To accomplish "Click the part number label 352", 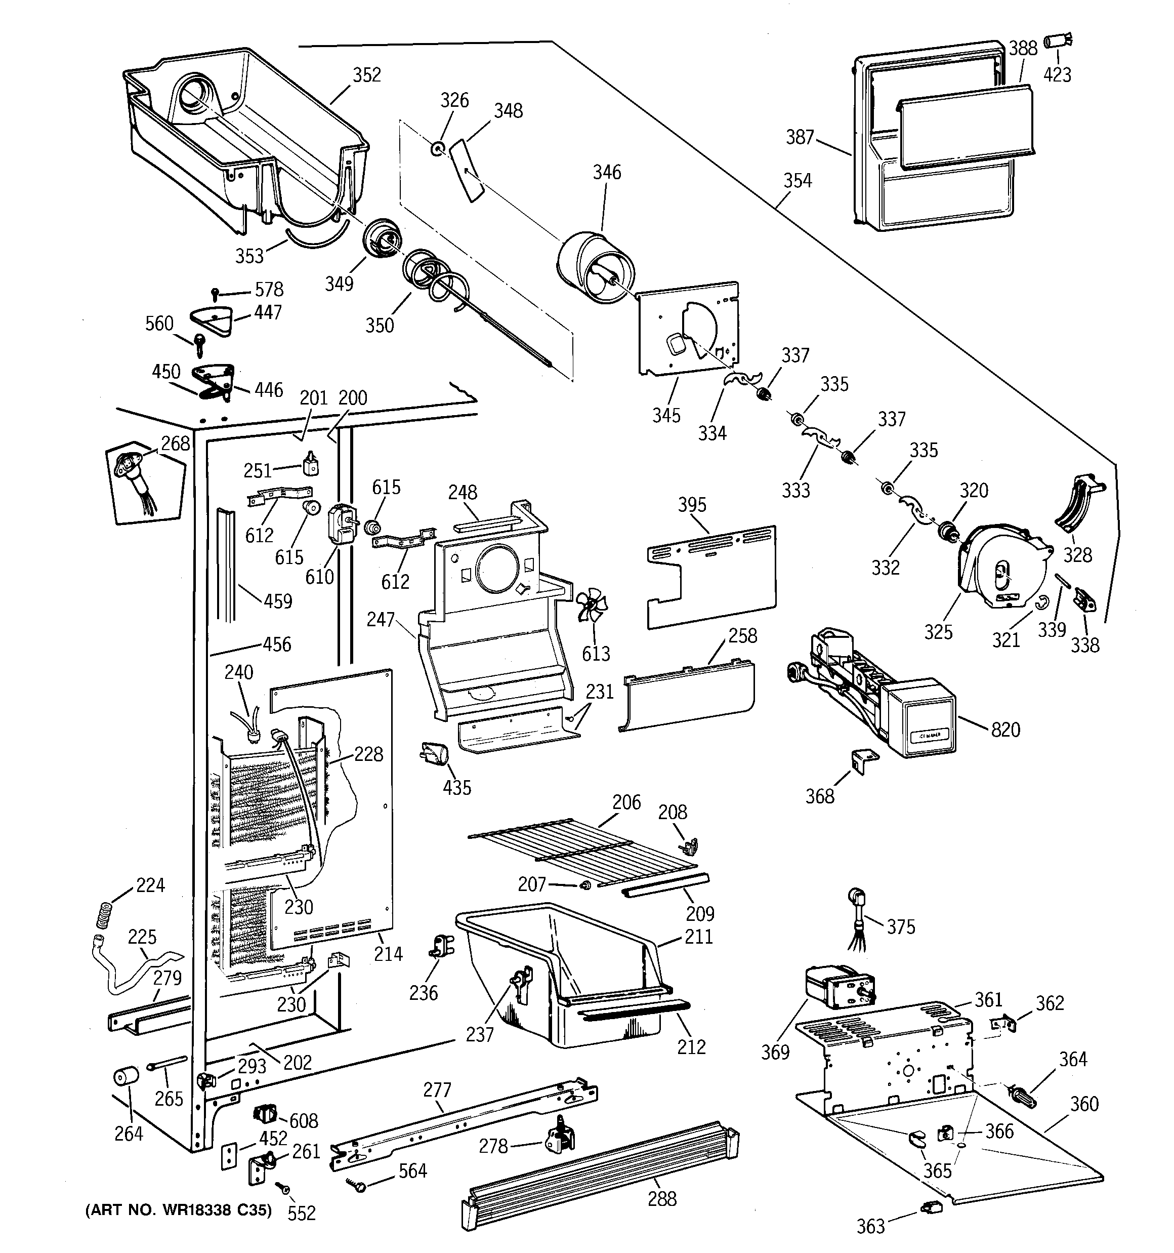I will pos(367,75).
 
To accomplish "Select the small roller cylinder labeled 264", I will pos(125,1076).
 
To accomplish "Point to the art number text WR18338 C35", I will pos(178,1210).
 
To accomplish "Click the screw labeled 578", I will pos(216,292).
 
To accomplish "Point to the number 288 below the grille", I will pos(662,1198).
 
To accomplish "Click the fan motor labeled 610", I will pos(340,524).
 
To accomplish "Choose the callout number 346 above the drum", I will pos(607,172).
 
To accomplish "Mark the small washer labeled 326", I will pos(436,149).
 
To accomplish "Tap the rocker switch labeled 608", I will pos(265,1114).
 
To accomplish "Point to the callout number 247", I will pos(381,620).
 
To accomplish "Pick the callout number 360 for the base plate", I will pos(1084,1104).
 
